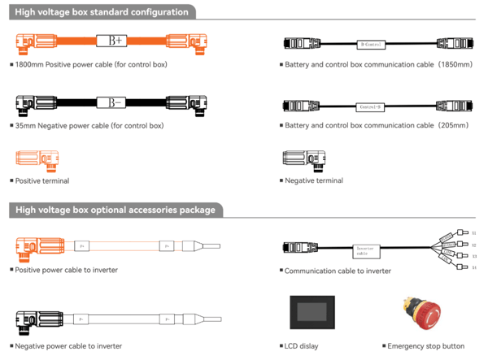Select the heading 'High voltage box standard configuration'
102,12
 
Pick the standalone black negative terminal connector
303,159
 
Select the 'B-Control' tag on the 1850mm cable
372,43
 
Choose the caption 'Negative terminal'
316,180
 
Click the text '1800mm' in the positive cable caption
32,63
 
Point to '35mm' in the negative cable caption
26,126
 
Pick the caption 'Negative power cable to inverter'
68,346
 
